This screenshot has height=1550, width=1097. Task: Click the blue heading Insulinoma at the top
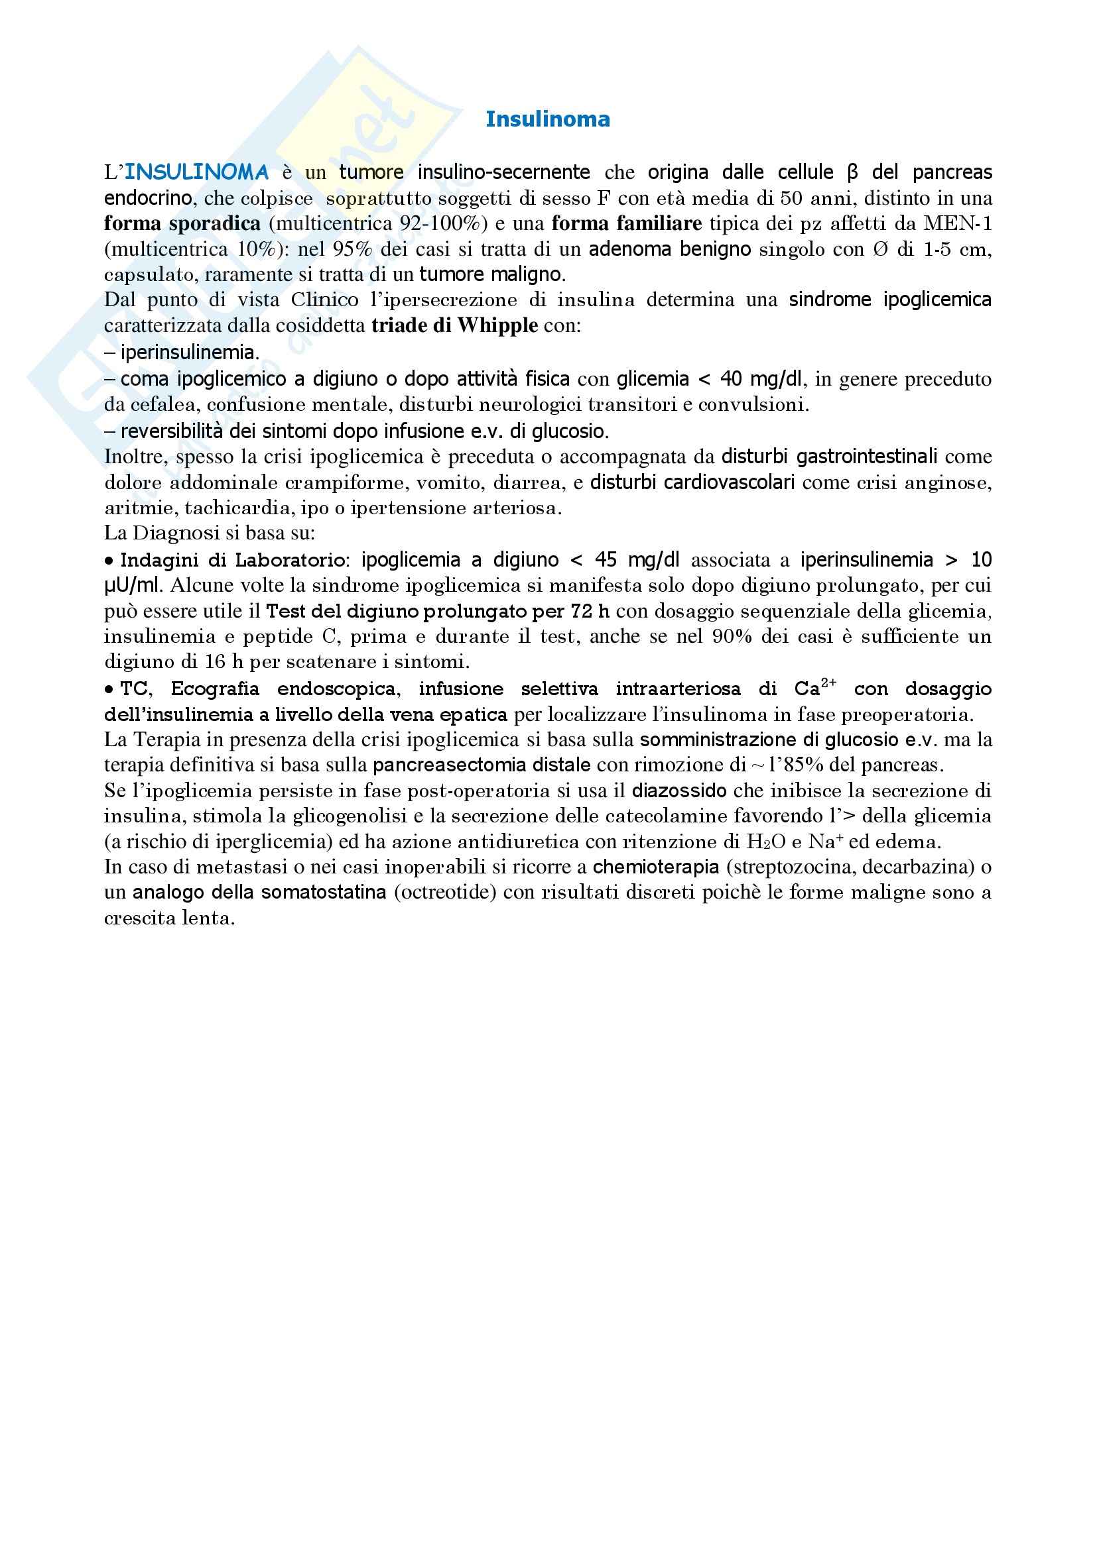(548, 119)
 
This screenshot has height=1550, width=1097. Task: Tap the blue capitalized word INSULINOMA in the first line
(196, 173)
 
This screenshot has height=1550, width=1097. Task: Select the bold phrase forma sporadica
(182, 223)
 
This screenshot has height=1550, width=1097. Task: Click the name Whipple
(498, 326)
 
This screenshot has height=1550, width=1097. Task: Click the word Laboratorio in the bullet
(294, 561)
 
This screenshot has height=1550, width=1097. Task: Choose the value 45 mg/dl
(637, 561)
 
